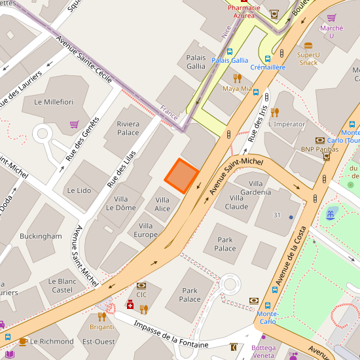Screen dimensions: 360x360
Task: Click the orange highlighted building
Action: coord(181,175)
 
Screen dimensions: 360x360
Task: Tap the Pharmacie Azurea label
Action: coord(244,11)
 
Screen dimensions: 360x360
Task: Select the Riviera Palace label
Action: coord(128,128)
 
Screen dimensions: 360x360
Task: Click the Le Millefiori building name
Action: coord(54,102)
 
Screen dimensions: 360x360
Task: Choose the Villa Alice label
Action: coord(162,204)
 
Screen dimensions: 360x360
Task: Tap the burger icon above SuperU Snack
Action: coord(308,46)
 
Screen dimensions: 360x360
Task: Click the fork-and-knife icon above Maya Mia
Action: coord(237,78)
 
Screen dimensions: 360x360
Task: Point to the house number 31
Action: coord(277,215)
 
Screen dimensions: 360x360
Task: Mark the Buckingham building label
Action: coord(41,236)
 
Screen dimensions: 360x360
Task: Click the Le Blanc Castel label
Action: coord(62,285)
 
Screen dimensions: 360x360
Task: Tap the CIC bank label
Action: coord(141,295)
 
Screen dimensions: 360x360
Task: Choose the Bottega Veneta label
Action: coord(264,351)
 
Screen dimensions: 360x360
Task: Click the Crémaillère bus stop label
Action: coord(268,67)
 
